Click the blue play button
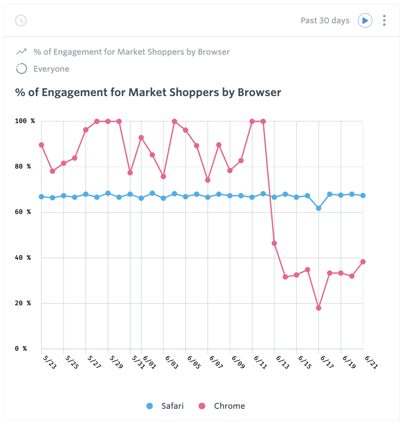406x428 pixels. coord(365,20)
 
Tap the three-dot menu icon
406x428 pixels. coord(385,20)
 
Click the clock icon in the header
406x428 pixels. coord(21,20)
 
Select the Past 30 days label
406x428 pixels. coord(325,20)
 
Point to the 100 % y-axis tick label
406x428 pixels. coord(25,121)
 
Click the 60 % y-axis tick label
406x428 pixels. coord(23,212)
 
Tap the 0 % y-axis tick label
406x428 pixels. coord(21,349)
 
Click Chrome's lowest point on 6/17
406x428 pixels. coord(319,308)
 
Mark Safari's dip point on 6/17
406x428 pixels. coord(319,208)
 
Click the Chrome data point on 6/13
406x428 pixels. coord(274,243)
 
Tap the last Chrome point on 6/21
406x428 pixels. coord(363,262)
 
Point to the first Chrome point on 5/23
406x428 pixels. coord(41,145)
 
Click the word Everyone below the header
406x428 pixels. coord(51,69)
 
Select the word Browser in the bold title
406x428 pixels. coord(259,92)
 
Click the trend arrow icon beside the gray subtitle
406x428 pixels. coord(21,52)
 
